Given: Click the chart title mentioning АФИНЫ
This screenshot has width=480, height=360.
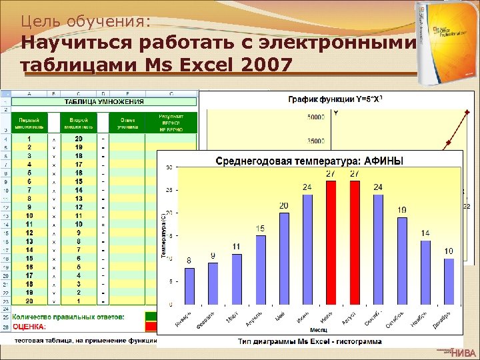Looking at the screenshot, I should point(309,161).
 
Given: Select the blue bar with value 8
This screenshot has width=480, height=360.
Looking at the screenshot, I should point(190,287).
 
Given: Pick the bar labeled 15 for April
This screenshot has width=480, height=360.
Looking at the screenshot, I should point(261,270).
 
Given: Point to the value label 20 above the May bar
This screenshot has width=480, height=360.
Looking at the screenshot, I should point(283,205).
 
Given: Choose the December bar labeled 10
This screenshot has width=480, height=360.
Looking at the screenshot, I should point(449,282).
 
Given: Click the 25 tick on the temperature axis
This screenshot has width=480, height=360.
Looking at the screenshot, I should point(169,190).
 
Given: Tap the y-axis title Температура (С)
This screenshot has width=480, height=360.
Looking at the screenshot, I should point(163,235).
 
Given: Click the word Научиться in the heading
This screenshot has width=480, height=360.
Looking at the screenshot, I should point(79,43).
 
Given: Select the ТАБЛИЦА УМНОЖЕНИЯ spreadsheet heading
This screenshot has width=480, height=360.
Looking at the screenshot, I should point(103,102).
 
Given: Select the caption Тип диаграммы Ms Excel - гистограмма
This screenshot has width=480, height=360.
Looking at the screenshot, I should point(309,341).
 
